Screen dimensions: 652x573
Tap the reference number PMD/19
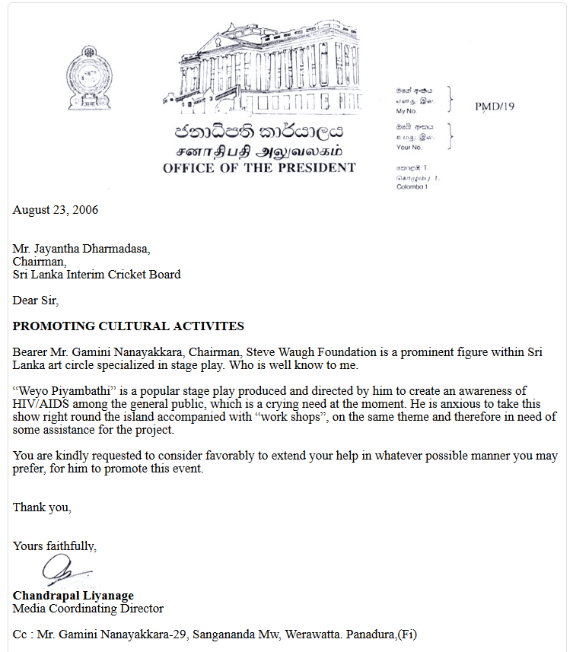[495, 107]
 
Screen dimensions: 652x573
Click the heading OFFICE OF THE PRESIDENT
[259, 167]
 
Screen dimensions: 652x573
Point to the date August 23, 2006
[56, 210]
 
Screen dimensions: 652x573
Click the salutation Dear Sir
[35, 301]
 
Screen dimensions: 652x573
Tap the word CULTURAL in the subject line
[138, 326]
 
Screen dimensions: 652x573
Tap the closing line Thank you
[42, 507]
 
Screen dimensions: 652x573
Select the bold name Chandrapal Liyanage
[73, 595]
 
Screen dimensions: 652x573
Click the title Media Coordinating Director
[88, 609]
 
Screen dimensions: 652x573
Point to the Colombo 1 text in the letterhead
[412, 187]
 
